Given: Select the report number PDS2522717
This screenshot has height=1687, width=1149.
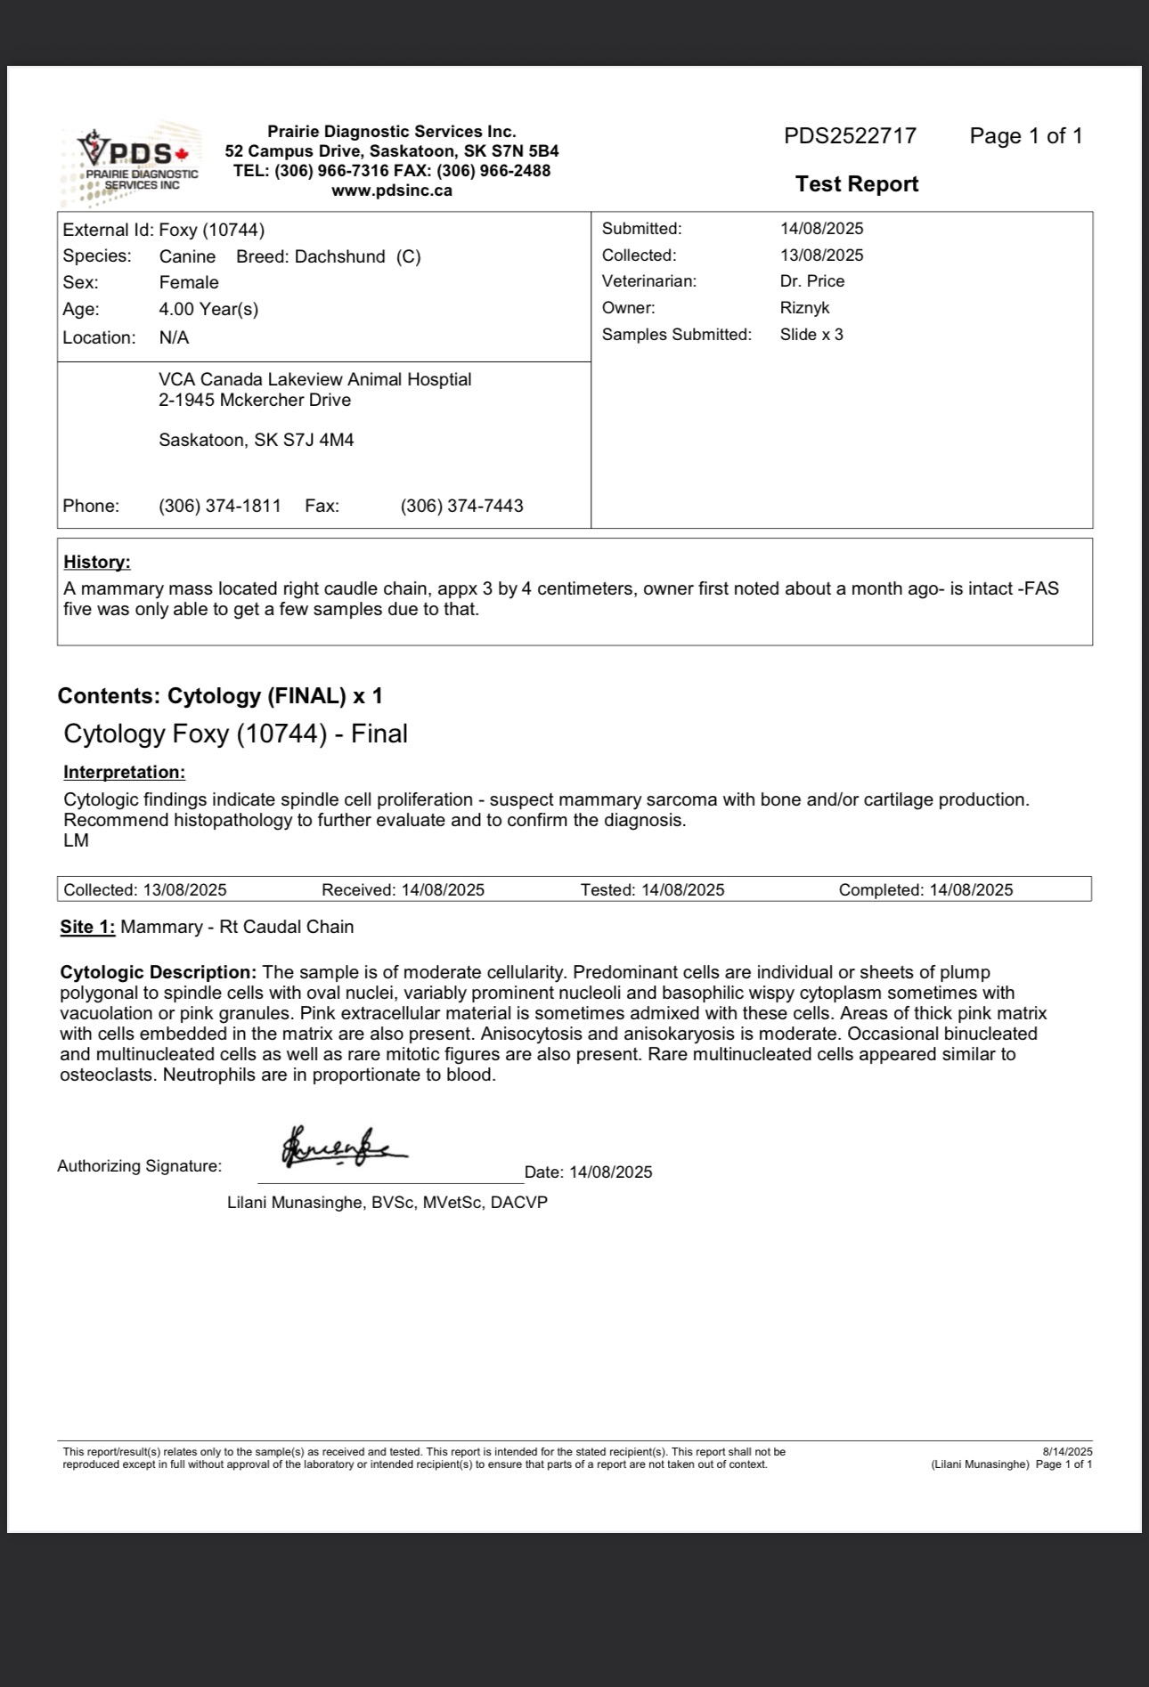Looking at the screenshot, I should click(850, 136).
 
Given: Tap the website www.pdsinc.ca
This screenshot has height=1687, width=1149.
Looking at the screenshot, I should click(392, 191).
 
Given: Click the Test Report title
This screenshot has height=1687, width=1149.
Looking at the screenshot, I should click(856, 184).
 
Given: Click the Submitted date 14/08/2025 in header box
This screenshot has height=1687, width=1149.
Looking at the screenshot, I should click(821, 229).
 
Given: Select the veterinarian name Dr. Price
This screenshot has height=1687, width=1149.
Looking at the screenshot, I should click(811, 281).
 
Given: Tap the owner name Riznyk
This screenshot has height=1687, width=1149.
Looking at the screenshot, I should click(804, 308).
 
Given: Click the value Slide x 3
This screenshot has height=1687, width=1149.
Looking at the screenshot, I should click(811, 335).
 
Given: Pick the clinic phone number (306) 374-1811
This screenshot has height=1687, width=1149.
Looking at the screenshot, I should click(220, 507).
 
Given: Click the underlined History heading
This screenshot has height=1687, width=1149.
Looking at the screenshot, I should click(97, 563).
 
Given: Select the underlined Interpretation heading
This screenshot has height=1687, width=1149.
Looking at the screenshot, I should click(124, 773).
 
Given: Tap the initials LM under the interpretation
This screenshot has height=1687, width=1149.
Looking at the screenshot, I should click(77, 841).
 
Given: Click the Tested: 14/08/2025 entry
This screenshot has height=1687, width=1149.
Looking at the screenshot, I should click(652, 890).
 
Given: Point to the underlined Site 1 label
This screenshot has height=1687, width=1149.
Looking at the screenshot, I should click(87, 928).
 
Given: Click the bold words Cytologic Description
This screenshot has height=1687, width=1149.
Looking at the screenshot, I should click(158, 973).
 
